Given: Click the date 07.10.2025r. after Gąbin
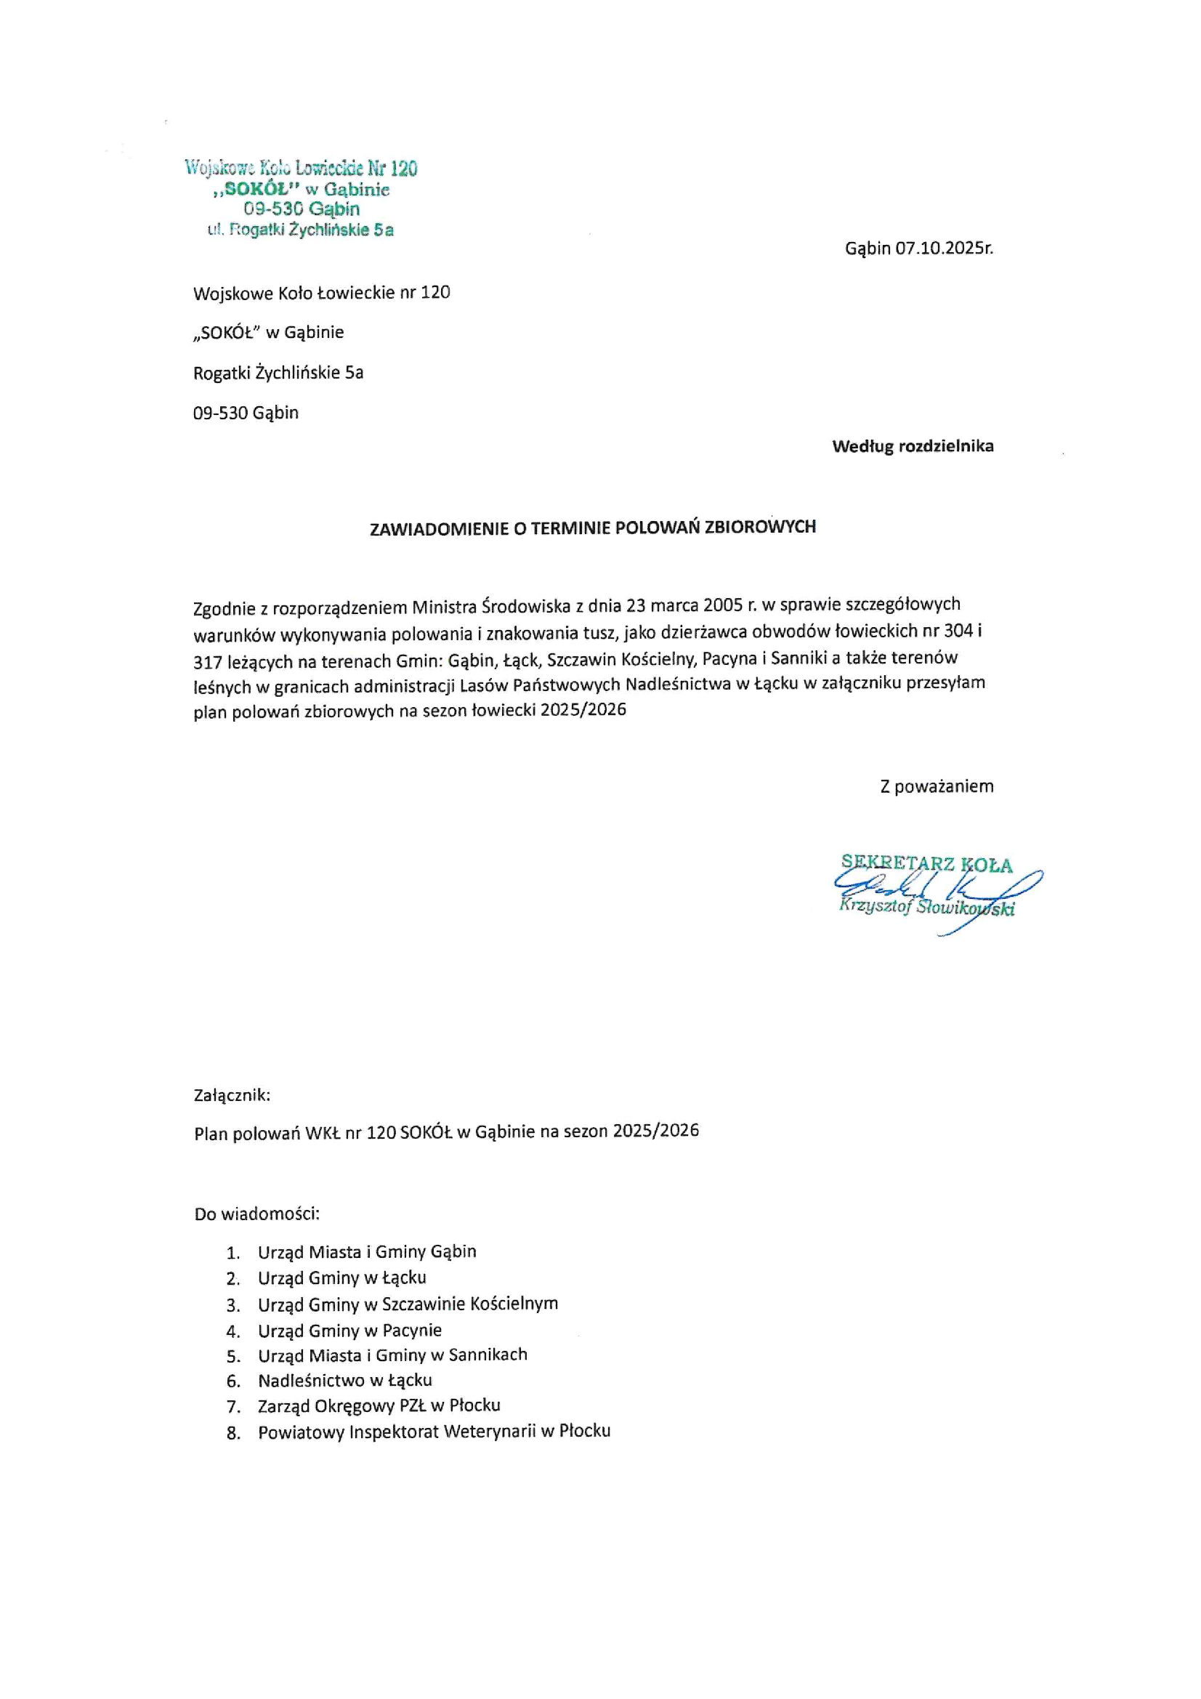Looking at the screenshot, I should tap(944, 249).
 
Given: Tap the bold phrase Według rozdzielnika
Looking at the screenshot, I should tap(913, 446).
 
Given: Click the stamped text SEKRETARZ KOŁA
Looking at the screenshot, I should tap(926, 863).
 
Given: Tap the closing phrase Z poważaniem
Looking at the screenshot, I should tap(936, 786).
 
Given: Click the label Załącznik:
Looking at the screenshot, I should tap(232, 1095).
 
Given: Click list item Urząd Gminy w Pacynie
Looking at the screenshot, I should tap(349, 1331).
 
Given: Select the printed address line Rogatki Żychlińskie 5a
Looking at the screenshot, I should tap(278, 372).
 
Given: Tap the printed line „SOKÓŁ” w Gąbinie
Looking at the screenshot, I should tap(269, 332).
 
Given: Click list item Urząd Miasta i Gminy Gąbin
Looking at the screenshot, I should tap(367, 1251).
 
